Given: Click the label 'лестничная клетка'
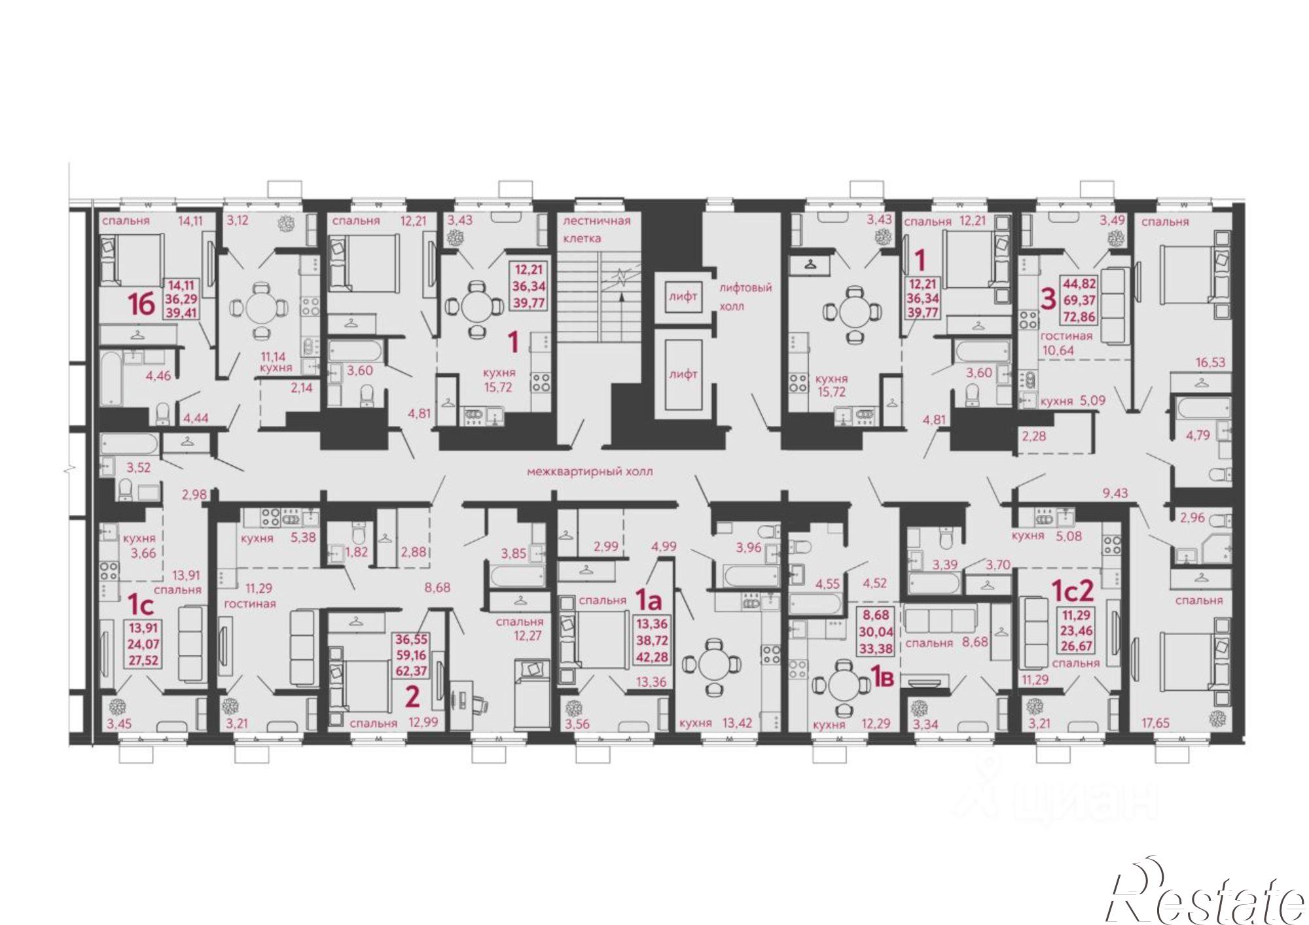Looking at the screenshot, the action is click(597, 229).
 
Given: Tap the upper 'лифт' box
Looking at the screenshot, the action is click(683, 296).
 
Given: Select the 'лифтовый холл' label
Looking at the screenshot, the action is click(745, 296).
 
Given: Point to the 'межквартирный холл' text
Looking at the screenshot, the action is click(590, 471).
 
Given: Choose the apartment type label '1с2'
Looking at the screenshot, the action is click(1072, 591).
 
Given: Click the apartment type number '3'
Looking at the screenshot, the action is click(1048, 300).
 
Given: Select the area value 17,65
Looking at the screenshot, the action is click(1155, 723).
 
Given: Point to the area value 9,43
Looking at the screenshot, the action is click(1115, 493).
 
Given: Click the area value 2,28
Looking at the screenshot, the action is click(1035, 436).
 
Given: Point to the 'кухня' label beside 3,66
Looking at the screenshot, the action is click(139, 538).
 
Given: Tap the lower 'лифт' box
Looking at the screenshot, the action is click(683, 374).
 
